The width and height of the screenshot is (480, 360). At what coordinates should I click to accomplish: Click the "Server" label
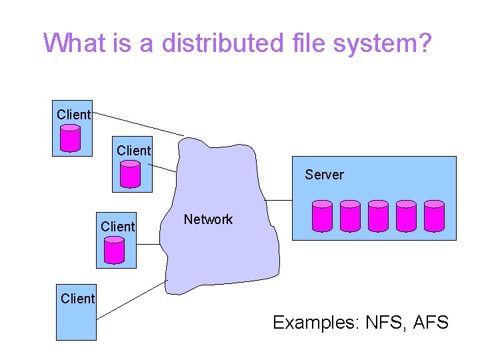point(324,175)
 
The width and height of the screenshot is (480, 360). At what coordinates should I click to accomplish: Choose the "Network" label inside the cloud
point(208,219)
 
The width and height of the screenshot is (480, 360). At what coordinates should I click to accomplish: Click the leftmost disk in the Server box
point(322,215)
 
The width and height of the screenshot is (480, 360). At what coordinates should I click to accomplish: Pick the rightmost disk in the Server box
point(434,215)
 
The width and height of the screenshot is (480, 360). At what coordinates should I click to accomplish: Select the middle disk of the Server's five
point(378,215)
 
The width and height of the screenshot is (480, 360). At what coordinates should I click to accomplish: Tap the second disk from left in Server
point(350,215)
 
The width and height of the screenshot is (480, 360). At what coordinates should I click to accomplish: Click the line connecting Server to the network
point(279,199)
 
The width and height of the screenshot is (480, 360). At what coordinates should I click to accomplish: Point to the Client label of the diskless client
point(77,299)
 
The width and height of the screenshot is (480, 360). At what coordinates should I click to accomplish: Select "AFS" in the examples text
point(431,323)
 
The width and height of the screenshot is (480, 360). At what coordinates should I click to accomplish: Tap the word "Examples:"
point(315,323)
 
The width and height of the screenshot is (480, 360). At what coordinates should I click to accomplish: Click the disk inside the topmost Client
point(70,138)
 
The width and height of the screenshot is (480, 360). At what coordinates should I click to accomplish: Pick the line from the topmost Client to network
point(137,124)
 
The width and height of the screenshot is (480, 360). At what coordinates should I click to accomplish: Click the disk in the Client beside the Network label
point(114,250)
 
